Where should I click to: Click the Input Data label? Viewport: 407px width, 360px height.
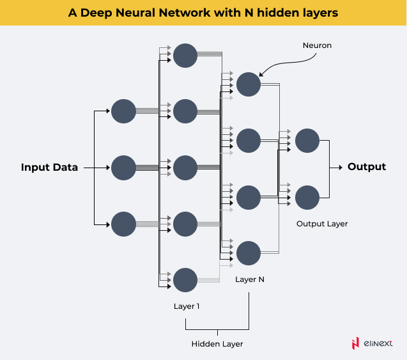point(49,168)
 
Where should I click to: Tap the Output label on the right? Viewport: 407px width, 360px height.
point(367,167)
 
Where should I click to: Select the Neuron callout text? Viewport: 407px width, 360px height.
point(318,46)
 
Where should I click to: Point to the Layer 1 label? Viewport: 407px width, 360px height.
point(187,306)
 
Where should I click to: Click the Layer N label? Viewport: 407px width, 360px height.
point(249,279)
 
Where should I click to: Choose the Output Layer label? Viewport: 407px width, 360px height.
point(322,224)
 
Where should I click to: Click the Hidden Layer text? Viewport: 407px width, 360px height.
point(217,344)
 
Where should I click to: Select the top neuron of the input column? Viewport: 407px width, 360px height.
point(123,111)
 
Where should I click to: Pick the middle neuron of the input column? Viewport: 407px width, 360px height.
point(123,168)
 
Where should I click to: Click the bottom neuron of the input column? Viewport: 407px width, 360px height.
point(123,224)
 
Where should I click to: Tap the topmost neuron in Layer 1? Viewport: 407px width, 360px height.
point(185,56)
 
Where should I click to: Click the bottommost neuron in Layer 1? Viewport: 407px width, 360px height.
point(185,280)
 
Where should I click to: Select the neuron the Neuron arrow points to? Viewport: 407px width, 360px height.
point(249,84)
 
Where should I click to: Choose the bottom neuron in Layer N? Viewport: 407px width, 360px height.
point(249,253)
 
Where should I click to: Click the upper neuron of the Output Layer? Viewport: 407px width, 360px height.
point(307,140)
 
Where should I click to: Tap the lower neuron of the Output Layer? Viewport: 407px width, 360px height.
point(307,197)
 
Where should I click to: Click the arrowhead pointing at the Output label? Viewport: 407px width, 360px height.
point(340,168)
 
